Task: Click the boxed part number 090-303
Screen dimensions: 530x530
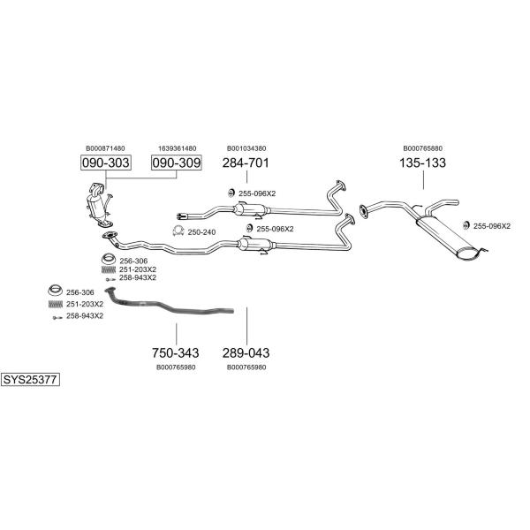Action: click(x=105, y=163)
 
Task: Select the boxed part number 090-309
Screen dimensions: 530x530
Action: click(x=177, y=163)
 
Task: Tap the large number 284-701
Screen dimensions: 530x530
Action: click(x=246, y=163)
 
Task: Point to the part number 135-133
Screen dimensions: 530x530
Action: click(x=422, y=163)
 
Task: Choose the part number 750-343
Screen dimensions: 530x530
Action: click(x=176, y=352)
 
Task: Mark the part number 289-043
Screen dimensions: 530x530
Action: click(x=246, y=352)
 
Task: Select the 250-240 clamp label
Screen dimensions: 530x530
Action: click(x=201, y=231)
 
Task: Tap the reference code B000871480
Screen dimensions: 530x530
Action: click(x=105, y=148)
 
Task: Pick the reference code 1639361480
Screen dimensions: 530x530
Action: click(x=177, y=148)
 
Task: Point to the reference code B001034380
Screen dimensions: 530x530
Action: click(x=246, y=148)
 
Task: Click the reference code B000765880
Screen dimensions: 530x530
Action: click(x=423, y=148)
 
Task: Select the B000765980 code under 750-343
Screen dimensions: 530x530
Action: click(x=176, y=367)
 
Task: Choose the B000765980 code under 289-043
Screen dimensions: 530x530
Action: click(x=246, y=367)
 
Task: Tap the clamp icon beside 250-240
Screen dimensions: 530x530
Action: click(x=176, y=231)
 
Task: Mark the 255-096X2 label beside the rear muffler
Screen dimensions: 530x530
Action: click(x=492, y=226)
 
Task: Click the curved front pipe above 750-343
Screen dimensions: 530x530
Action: click(x=168, y=305)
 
